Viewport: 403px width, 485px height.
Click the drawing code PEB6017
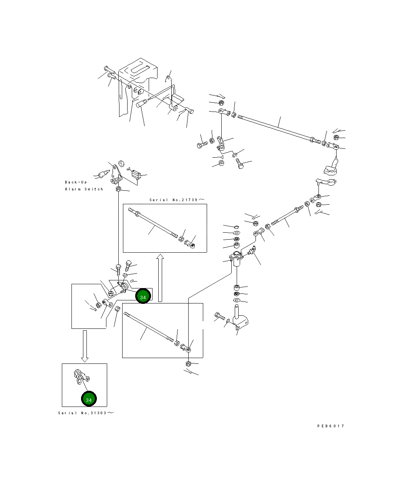point(330,426)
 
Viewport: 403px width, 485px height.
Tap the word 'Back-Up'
point(76,182)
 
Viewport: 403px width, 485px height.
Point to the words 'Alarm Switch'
point(84,189)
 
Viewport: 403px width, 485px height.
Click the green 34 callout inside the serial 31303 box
point(89,399)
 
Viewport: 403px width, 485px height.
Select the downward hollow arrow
point(85,346)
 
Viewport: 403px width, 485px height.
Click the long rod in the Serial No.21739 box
point(153,223)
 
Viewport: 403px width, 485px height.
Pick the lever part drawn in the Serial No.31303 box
point(82,377)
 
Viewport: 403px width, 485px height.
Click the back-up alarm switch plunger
point(104,173)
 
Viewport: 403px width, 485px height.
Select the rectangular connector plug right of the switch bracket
point(136,175)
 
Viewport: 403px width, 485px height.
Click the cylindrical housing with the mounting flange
point(236,259)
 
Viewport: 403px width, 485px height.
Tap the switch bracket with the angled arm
point(116,175)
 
